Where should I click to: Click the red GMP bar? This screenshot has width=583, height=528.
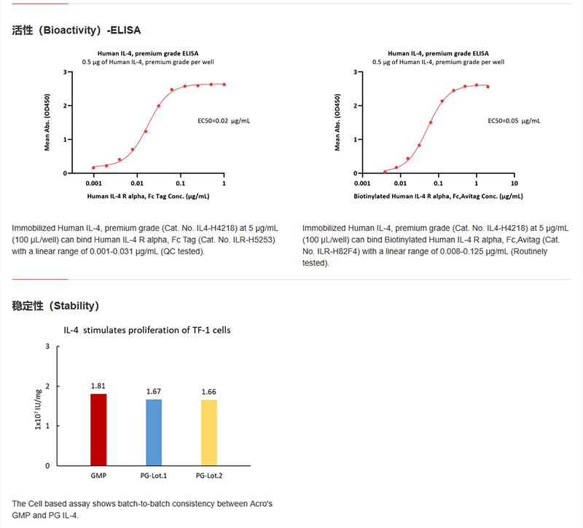[98, 429]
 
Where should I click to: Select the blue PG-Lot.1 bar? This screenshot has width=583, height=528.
[154, 432]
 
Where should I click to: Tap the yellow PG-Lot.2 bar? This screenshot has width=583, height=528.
[209, 432]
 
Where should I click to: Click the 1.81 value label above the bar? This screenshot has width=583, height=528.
[98, 385]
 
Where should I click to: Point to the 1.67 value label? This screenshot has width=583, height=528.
[154, 391]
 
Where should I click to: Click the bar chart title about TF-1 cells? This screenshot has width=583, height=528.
[147, 330]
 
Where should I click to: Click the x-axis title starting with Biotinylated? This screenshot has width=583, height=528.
[438, 197]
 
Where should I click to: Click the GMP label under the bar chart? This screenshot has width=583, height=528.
[98, 476]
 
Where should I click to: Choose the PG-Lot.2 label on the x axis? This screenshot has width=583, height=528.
[209, 476]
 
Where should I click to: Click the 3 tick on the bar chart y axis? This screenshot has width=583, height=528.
[48, 346]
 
